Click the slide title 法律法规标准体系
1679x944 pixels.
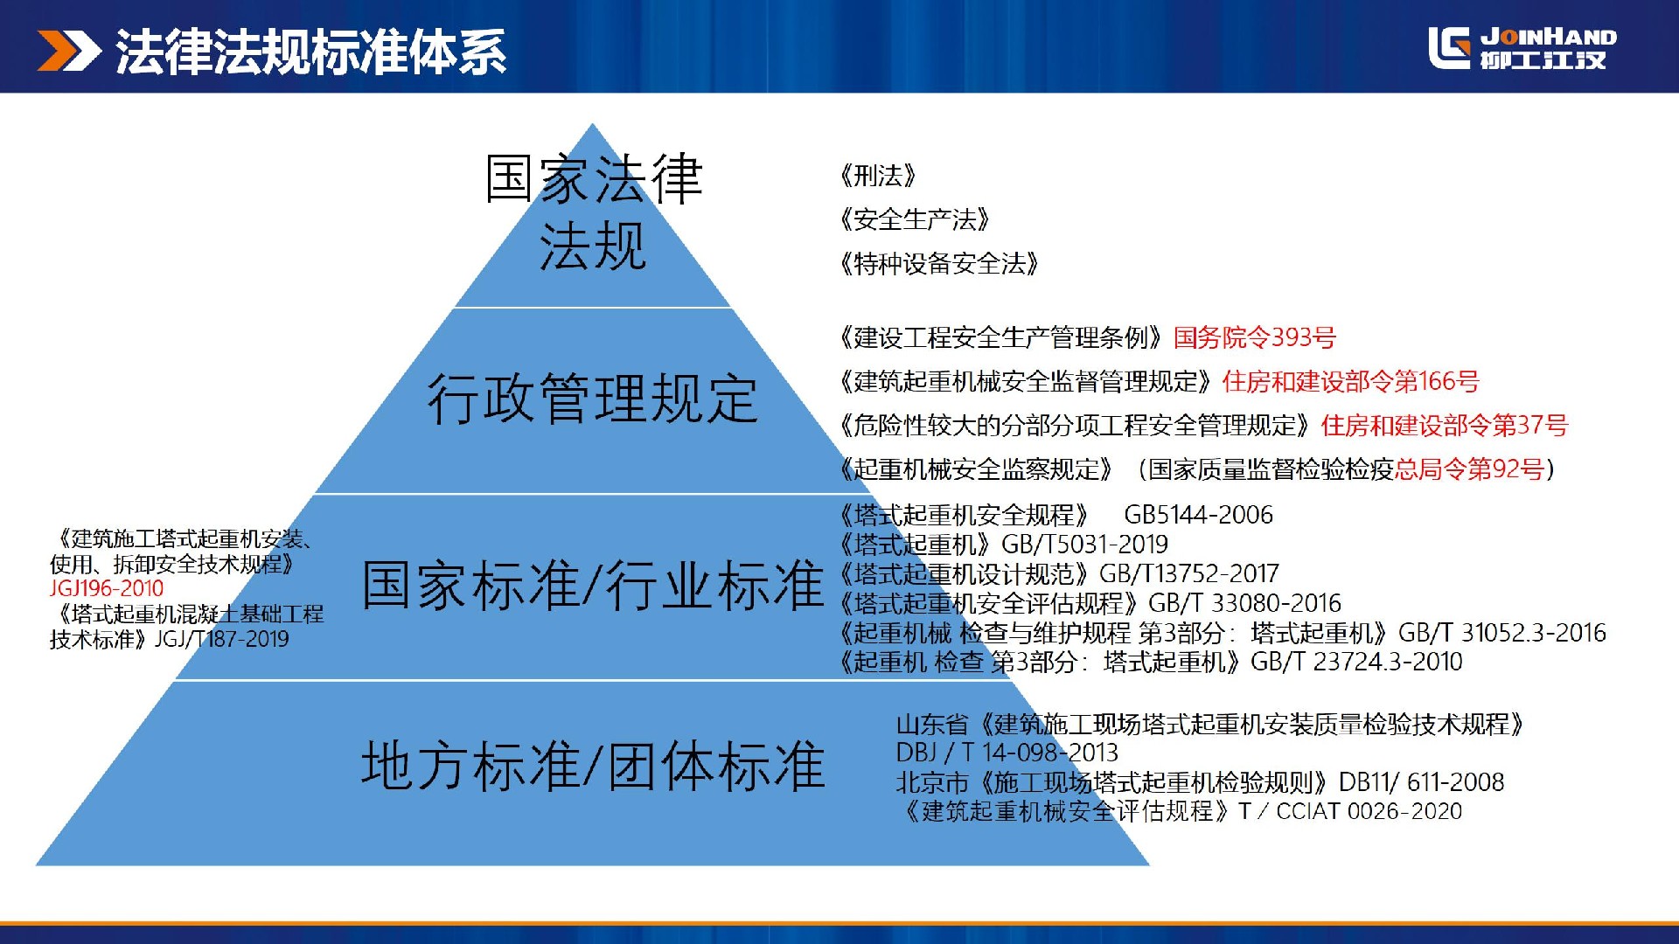click(x=311, y=52)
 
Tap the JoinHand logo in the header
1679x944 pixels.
click(x=1522, y=47)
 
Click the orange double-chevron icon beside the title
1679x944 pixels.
click(x=69, y=51)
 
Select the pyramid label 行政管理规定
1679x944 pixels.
click(x=593, y=399)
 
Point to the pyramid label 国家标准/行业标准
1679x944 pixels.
click(x=593, y=585)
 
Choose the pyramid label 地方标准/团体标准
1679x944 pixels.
click(x=593, y=766)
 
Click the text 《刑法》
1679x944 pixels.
click(x=877, y=176)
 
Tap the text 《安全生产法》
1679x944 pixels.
click(x=914, y=219)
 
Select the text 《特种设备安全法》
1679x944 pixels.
click(x=938, y=263)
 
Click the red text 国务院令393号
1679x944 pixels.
click(x=1255, y=337)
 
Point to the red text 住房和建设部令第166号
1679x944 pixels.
click(x=1351, y=381)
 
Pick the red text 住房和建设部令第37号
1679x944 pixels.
click(x=1445, y=426)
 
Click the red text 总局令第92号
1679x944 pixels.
click(x=1470, y=469)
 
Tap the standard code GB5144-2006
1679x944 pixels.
click(x=1199, y=515)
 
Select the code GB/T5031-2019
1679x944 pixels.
click(x=1085, y=545)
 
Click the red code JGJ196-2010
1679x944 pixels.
click(x=107, y=588)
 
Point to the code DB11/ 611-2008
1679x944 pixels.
click(x=1422, y=782)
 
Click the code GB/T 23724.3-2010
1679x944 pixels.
click(x=1357, y=662)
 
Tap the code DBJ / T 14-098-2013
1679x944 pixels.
click(x=1007, y=753)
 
